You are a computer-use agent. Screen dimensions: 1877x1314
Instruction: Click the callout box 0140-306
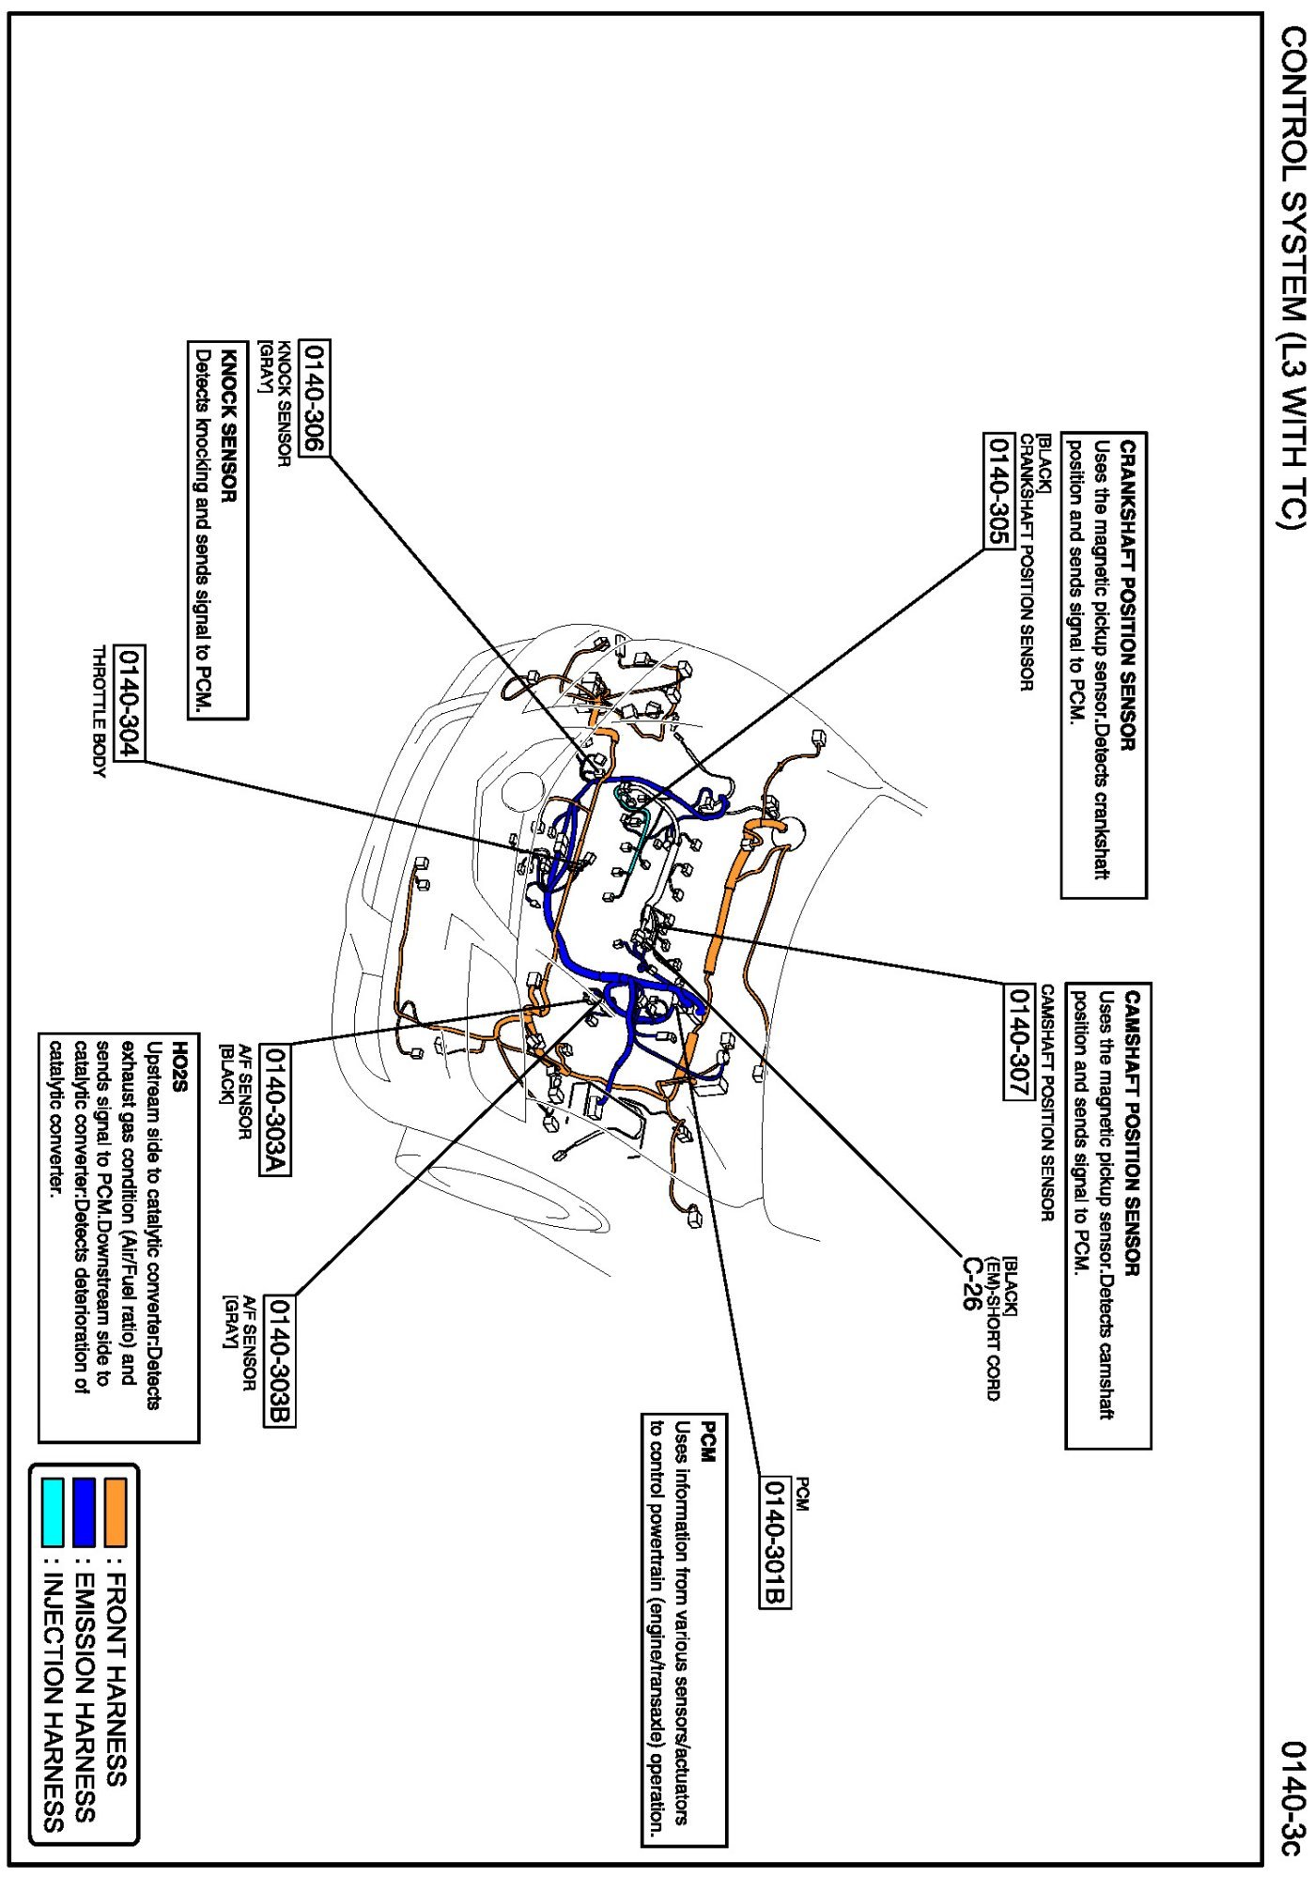(315, 398)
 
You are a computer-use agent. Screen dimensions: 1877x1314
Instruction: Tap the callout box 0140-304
(128, 702)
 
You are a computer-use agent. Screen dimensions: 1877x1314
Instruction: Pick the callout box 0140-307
(1018, 1039)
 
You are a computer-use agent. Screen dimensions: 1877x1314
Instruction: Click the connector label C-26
(974, 1282)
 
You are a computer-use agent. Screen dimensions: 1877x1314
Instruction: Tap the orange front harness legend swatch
(116, 1512)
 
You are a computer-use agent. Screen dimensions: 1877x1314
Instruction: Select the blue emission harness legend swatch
(84, 1512)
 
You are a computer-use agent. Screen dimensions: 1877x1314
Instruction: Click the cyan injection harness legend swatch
(53, 1512)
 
